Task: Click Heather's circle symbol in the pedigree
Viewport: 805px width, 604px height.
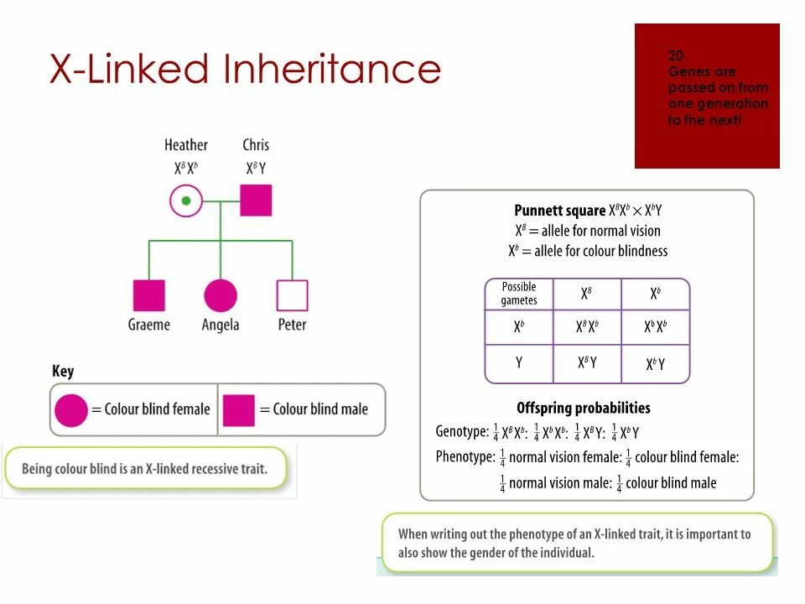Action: [186, 201]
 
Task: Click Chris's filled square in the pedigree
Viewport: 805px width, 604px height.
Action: [256, 201]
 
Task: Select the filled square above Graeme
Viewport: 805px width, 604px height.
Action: [149, 295]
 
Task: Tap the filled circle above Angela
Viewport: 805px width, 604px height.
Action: [221, 295]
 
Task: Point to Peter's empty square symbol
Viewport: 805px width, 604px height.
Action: [292, 295]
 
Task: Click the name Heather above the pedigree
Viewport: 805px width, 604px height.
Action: [186, 145]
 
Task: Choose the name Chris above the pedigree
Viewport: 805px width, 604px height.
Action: [256, 145]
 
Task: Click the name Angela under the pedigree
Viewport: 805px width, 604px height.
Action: [221, 325]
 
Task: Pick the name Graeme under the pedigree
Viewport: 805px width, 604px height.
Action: [149, 325]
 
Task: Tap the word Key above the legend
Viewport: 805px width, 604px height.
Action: [63, 371]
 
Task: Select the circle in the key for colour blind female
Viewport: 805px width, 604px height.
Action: [71, 409]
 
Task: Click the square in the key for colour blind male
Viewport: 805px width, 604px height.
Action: [239, 409]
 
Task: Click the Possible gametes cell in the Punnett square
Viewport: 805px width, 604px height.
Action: [519, 294]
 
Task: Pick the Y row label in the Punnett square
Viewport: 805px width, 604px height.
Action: [519, 363]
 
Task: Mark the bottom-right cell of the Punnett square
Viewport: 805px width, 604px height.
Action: [655, 364]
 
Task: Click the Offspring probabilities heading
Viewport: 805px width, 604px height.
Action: [584, 409]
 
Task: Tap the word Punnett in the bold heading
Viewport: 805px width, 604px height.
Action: [537, 211]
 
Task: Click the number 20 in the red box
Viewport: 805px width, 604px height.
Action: [676, 55]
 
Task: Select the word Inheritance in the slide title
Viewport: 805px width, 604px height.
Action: [331, 69]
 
